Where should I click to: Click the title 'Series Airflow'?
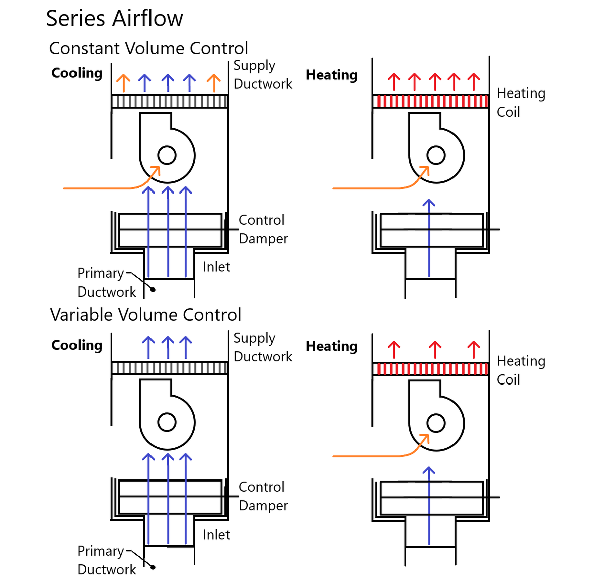[114, 19]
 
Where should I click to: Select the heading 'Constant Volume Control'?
[148, 48]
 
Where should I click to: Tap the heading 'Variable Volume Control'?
[145, 315]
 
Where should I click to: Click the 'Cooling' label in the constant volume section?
[77, 73]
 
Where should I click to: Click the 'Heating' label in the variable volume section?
[332, 346]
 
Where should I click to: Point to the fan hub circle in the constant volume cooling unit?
[167, 155]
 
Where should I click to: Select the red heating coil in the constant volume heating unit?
[431, 101]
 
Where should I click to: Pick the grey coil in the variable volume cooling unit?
[170, 368]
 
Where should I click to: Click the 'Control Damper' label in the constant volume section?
[263, 229]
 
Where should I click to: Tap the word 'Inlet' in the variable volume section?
[216, 535]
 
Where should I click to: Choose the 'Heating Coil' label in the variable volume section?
[520, 370]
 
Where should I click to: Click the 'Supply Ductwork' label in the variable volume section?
[262, 347]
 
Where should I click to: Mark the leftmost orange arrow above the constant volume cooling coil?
[123, 83]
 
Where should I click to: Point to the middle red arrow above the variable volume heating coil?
[435, 349]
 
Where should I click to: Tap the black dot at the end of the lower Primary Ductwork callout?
[153, 567]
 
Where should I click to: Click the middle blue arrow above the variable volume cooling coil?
[168, 347]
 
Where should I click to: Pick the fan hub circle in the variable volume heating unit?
[436, 423]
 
